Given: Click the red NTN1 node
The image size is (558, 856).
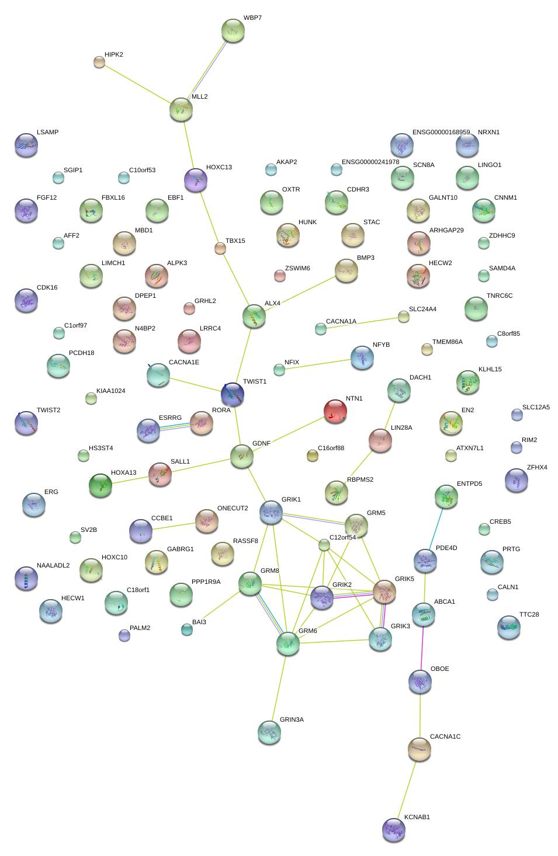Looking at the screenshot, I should tap(335, 410).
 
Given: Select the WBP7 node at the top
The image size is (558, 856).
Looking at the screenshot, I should tap(233, 30).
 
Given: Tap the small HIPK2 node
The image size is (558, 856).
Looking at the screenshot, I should tap(99, 61).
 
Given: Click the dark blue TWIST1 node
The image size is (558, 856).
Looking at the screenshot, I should tap(233, 394).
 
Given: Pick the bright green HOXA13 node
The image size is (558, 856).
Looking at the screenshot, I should tap(100, 485).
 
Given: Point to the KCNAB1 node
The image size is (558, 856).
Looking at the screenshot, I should tap(394, 829).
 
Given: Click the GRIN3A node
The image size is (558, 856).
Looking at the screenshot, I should tap(269, 732).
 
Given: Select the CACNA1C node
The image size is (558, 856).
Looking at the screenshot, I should tap(420, 749).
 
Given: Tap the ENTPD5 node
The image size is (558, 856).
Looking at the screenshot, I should tap(446, 496).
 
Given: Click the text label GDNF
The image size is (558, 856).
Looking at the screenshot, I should tap(261, 444).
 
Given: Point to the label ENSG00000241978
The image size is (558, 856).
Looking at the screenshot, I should tap(370, 162).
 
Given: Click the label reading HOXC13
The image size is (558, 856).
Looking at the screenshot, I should tap(219, 168).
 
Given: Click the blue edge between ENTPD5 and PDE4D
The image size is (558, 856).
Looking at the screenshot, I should tap(436, 528).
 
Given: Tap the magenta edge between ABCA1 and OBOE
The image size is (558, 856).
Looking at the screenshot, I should tap(422, 648).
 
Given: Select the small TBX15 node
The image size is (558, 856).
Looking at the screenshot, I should tap(220, 248).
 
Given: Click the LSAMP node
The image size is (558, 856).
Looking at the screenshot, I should tap(26, 144).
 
